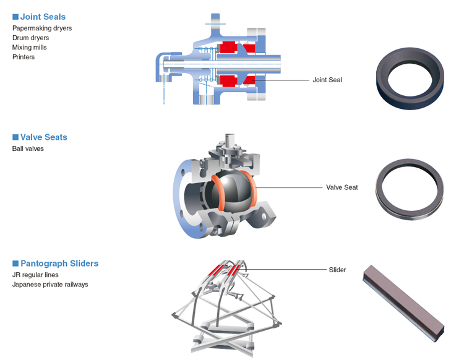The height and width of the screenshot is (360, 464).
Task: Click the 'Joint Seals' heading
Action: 43,17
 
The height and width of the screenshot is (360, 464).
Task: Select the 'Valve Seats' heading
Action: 44,137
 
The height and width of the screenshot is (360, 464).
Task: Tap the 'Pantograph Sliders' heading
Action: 59,264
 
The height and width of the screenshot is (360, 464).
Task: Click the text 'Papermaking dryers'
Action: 42,28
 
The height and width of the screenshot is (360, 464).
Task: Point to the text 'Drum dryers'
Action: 30,38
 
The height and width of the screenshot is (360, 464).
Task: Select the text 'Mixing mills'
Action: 29,48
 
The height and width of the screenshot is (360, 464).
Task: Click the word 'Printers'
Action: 24,57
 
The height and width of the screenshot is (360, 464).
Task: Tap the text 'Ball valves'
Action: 28,149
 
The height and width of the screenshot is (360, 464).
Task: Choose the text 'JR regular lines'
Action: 35,275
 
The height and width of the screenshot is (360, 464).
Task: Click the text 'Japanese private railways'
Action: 50,285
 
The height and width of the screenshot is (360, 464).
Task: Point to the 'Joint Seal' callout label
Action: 327,80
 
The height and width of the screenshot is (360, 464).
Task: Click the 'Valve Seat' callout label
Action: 342,187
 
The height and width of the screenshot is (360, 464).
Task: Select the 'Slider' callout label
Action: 337,270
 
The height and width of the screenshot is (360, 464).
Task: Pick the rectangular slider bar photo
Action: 403,303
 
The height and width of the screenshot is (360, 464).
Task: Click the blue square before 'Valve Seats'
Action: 15,137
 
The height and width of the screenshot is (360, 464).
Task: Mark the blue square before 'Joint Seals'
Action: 15,17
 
